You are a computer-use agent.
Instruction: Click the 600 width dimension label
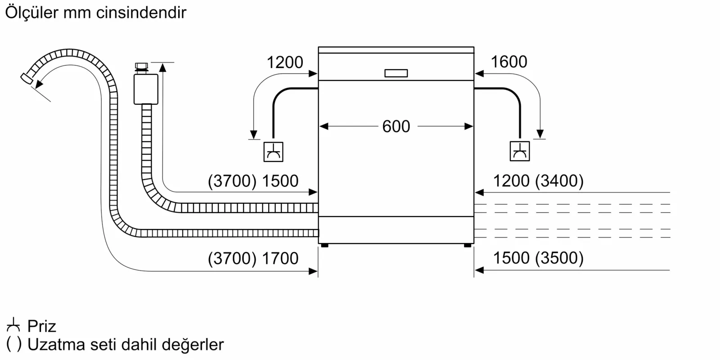[396, 126]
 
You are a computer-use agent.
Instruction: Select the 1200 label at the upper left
[285, 62]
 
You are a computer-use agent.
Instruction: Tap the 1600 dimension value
[508, 62]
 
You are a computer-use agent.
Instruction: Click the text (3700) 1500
[253, 181]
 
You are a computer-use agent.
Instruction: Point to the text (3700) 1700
[253, 258]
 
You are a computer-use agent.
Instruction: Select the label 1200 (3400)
[538, 181]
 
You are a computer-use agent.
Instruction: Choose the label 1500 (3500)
[538, 258]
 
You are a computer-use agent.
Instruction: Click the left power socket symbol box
[273, 152]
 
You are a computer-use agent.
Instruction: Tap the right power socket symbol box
[520, 151]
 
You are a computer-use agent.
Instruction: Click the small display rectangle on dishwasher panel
[396, 73]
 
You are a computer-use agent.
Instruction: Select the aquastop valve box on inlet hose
[146, 89]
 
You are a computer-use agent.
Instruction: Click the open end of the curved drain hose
[27, 78]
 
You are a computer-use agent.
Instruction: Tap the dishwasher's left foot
[324, 245]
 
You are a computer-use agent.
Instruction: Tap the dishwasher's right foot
[468, 245]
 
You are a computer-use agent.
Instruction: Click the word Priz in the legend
[42, 326]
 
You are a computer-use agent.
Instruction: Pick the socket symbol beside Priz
[13, 324]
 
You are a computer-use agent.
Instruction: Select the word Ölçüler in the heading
[31, 13]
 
